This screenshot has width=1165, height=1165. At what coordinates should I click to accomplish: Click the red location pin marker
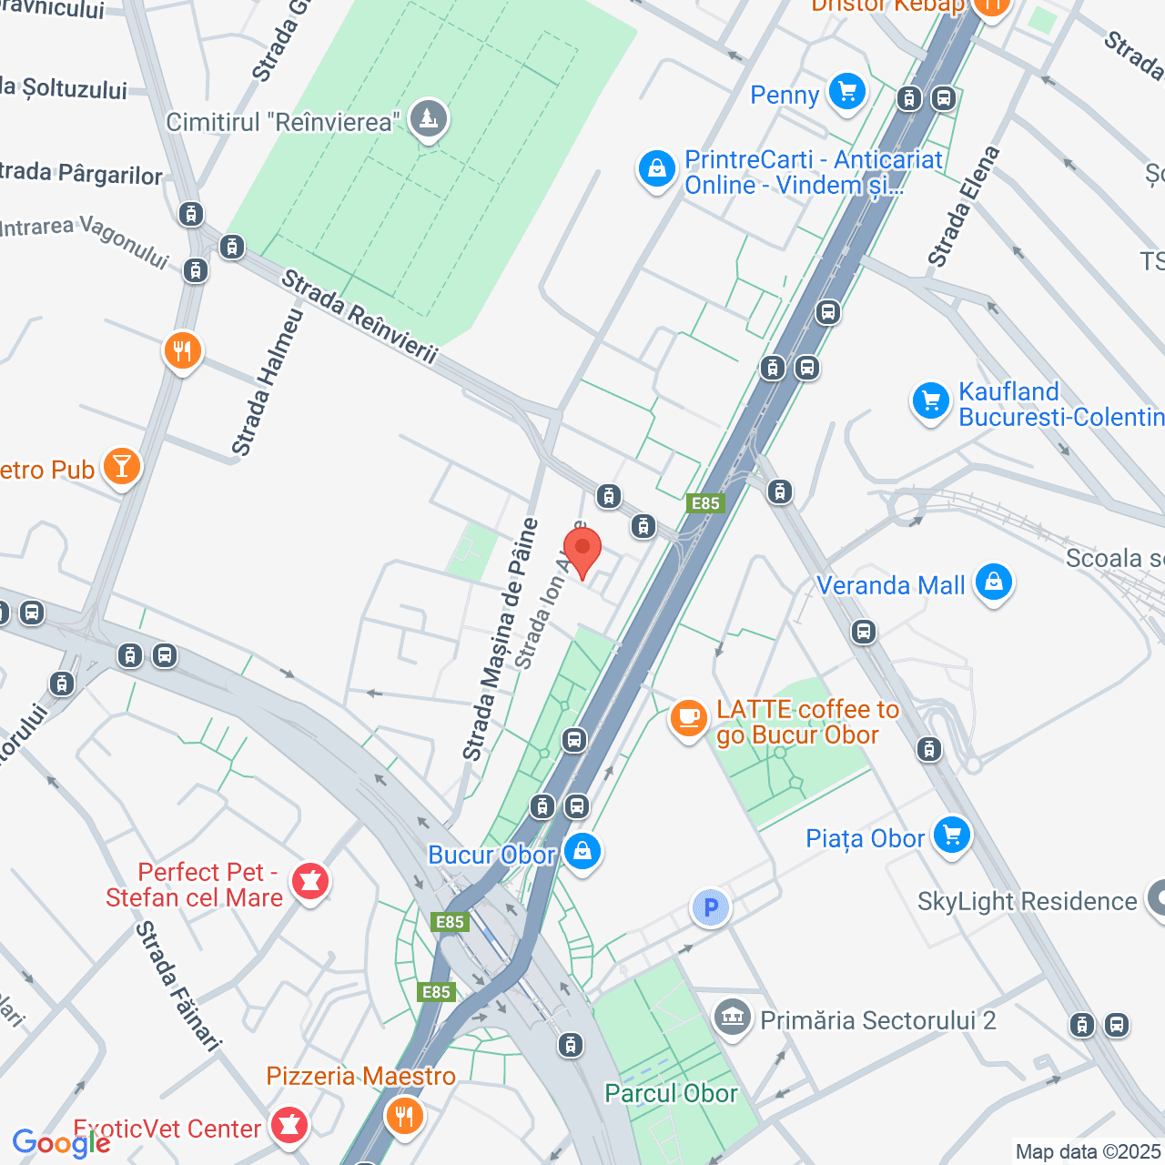click(582, 551)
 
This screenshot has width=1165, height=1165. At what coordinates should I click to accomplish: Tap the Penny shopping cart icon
click(847, 93)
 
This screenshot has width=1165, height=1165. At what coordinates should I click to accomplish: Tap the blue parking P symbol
click(711, 907)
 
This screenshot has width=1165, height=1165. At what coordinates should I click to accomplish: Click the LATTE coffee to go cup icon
click(689, 719)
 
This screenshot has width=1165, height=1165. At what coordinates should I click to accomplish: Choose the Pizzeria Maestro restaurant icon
click(404, 1116)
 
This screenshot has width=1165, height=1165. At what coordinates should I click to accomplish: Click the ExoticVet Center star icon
click(289, 1127)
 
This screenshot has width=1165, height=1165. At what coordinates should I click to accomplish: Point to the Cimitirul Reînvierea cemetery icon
click(428, 119)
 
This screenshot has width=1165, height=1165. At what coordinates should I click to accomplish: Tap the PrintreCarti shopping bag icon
click(656, 169)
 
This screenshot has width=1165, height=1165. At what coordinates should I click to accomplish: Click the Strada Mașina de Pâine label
click(500, 640)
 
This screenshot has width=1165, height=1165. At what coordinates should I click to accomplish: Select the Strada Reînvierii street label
click(360, 317)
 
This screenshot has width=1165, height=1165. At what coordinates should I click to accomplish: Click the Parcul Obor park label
click(671, 1093)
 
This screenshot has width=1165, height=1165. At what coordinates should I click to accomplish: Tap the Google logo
click(60, 1143)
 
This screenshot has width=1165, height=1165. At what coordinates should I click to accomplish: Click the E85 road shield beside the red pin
click(705, 503)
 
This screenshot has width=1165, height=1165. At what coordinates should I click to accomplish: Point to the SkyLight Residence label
click(1027, 901)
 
